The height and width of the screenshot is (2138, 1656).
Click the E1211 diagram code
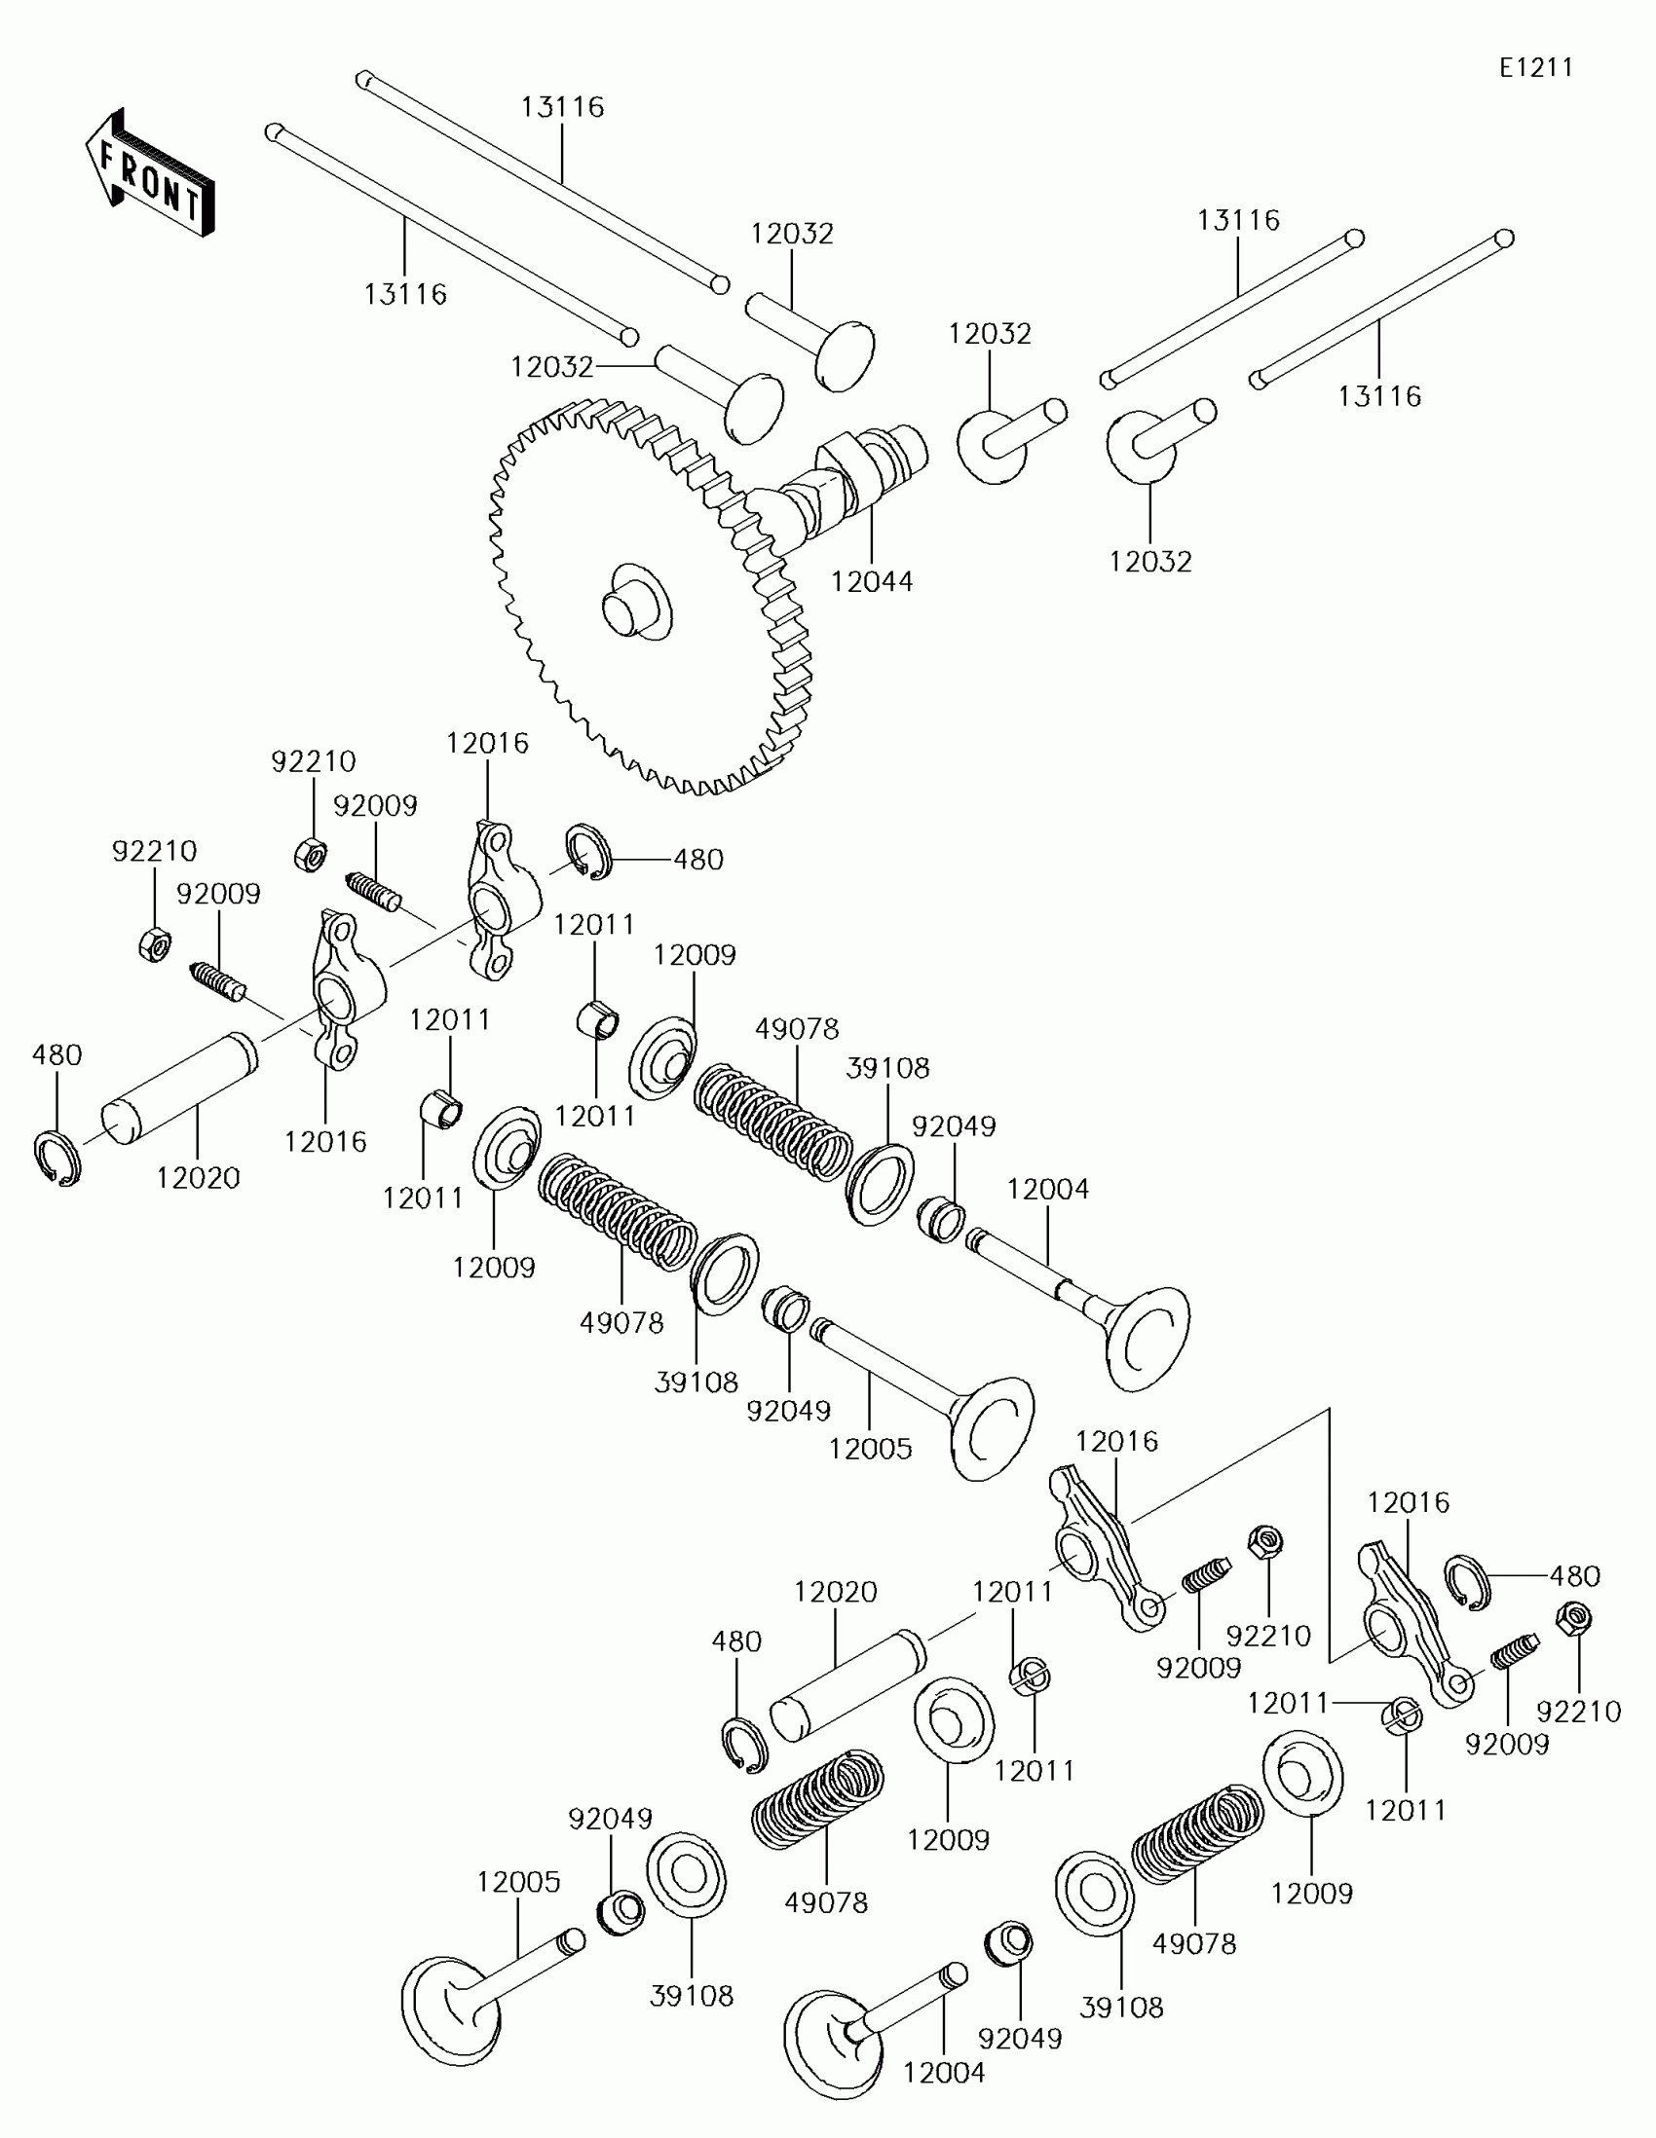[1535, 67]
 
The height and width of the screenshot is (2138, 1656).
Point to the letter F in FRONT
[109, 157]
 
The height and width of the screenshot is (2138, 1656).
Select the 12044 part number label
[872, 581]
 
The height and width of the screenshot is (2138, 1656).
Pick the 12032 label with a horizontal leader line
[551, 367]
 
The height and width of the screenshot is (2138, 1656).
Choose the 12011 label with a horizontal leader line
[1288, 1704]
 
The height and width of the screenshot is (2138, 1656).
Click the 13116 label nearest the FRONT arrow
[405, 294]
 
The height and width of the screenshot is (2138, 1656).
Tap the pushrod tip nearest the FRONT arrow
[274, 131]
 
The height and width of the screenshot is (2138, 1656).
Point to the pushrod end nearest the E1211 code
[1505, 238]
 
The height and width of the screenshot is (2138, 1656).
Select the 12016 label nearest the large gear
[487, 743]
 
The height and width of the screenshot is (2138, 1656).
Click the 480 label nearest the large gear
[698, 860]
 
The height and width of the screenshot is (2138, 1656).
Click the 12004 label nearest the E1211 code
[1048, 1189]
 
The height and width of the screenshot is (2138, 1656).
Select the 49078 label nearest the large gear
[797, 1029]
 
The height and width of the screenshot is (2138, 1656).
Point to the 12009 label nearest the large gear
[695, 954]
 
